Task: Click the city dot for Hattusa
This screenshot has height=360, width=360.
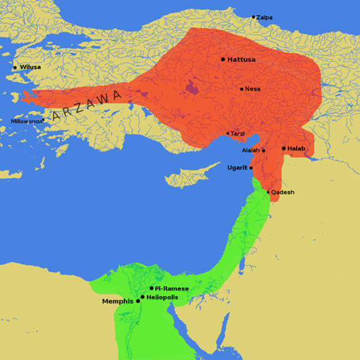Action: (223, 59)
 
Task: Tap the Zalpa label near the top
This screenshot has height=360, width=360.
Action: (264, 17)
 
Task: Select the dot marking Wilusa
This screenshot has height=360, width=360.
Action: (15, 67)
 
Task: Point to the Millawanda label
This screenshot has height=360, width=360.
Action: (25, 121)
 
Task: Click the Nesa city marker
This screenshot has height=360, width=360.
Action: (242, 88)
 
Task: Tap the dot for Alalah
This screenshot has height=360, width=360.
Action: (263, 150)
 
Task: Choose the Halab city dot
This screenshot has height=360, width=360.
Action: (283, 148)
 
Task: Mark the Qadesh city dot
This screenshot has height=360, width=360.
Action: (268, 192)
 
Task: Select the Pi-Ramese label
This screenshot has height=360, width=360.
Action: (171, 289)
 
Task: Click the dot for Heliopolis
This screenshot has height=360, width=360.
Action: (142, 297)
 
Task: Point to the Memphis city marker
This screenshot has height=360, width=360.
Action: (138, 301)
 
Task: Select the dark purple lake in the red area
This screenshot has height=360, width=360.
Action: (193, 87)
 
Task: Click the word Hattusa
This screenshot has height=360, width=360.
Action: (242, 60)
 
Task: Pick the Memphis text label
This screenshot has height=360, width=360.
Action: (118, 301)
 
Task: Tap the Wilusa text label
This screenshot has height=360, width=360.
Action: (31, 67)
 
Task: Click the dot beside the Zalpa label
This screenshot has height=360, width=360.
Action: (253, 17)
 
